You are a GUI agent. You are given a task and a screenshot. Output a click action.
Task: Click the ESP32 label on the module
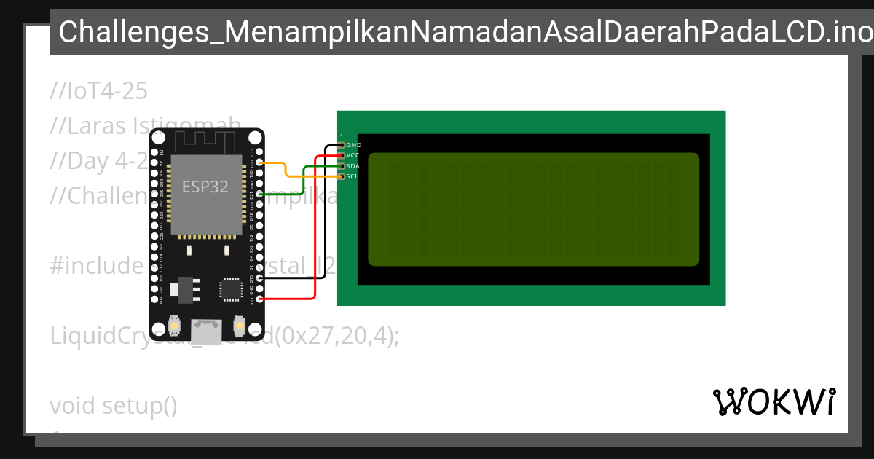click(205, 187)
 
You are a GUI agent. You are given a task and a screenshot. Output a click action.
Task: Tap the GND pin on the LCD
click(342, 145)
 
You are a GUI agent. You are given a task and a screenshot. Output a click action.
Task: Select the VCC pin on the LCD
click(342, 155)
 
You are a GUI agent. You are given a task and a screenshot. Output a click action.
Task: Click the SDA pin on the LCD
click(342, 166)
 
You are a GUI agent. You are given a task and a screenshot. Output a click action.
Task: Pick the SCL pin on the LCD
click(342, 176)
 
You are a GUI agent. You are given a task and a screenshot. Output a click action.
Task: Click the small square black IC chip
click(231, 289)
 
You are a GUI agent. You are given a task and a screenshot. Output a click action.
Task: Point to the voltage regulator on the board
click(183, 289)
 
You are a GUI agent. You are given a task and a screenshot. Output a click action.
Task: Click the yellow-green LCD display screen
click(533, 210)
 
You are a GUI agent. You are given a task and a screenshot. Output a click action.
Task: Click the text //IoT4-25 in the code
click(99, 92)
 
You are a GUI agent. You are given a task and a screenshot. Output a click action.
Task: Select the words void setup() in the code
click(114, 405)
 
